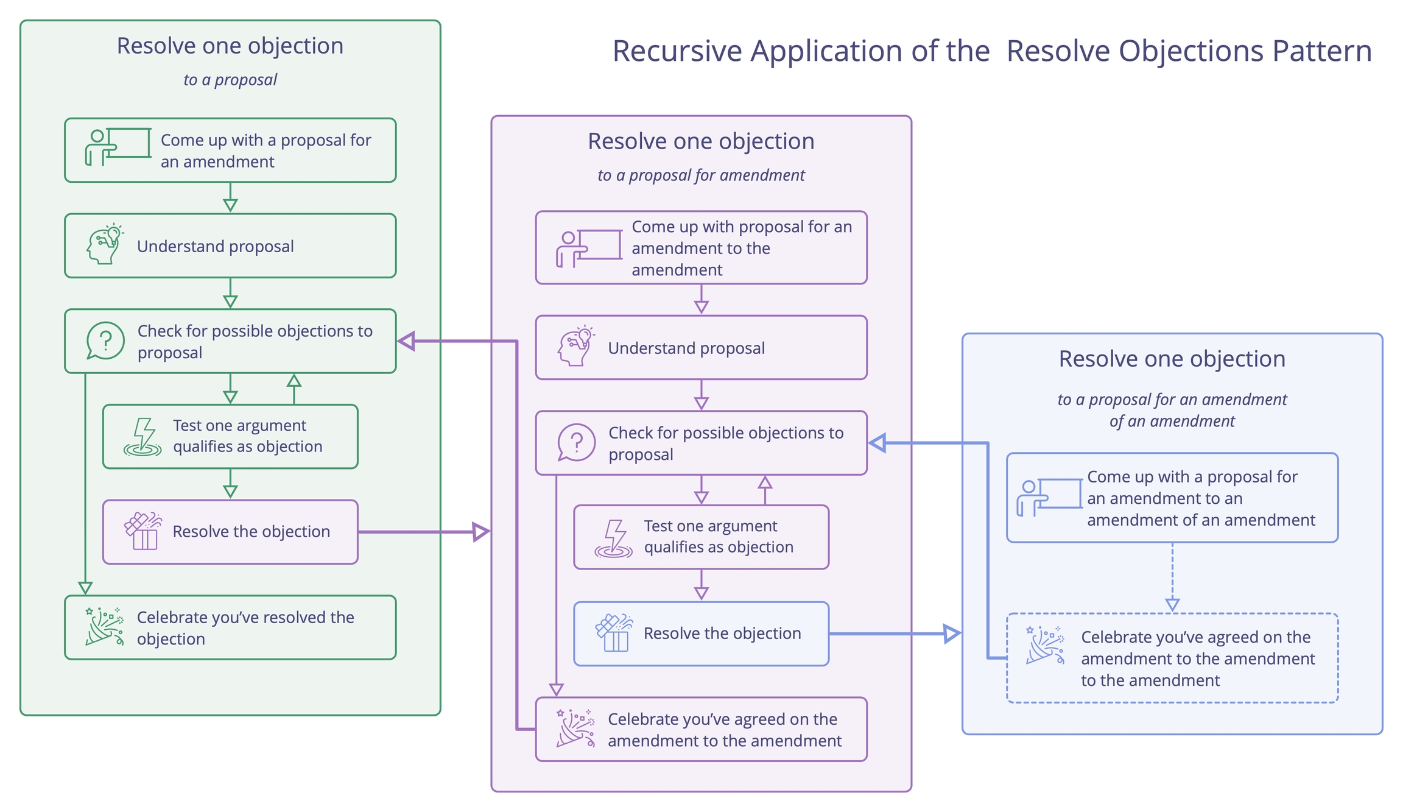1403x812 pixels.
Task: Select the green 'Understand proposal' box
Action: coord(230,246)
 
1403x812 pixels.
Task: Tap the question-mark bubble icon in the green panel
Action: coord(105,341)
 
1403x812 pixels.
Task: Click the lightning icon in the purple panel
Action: coord(614,538)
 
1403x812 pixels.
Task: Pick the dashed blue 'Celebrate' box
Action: coord(1172,658)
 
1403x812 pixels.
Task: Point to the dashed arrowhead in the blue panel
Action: coord(1172,604)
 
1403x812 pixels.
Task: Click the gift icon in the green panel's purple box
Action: coord(143,531)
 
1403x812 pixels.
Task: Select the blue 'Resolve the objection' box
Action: coord(701,634)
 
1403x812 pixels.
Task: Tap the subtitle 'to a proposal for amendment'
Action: coord(701,175)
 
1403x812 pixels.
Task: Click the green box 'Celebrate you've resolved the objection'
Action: coord(230,627)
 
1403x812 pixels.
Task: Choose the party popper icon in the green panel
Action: coord(105,626)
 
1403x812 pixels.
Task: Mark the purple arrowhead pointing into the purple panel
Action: coord(481,532)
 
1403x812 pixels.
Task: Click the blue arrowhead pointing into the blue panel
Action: coord(952,634)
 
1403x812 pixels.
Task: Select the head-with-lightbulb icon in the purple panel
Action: coord(575,346)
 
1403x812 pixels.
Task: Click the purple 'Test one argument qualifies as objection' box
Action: coord(701,537)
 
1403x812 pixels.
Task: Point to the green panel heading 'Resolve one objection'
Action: coord(230,46)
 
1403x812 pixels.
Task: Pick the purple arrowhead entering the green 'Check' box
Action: coord(407,341)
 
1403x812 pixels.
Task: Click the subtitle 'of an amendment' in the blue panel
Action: coord(1172,422)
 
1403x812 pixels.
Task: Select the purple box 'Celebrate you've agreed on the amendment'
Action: coord(701,729)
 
